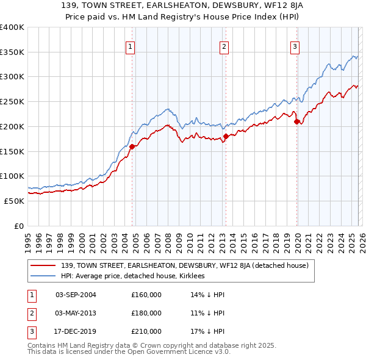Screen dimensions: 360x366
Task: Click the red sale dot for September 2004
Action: point(132,146)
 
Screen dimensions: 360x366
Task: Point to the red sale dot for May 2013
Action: point(226,136)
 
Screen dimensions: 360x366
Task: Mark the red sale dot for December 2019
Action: point(297,121)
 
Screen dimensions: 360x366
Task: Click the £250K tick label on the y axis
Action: point(12,101)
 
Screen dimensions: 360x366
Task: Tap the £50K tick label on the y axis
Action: point(14,201)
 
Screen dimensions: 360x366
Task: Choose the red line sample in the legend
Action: point(43,265)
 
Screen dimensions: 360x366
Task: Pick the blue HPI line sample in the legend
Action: point(43,276)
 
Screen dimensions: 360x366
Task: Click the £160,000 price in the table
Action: point(146,295)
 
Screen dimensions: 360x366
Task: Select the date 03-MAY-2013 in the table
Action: point(76,313)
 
